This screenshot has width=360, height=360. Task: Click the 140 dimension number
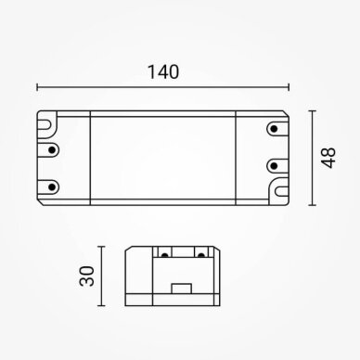pos(163,72)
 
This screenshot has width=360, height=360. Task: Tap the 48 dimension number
pos(328,158)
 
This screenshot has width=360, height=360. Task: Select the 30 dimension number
pos(86,276)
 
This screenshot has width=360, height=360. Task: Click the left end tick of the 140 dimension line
pos(37,87)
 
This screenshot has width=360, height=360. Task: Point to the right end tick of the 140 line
pos(289,87)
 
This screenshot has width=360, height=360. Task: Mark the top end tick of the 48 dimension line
pos(313,110)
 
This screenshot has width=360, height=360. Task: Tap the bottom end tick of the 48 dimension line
pos(313,205)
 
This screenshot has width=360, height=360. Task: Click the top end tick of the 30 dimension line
pos(101,247)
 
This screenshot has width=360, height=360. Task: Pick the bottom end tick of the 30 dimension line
pos(101,305)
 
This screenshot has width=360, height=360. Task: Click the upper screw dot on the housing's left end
pos(52,150)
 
